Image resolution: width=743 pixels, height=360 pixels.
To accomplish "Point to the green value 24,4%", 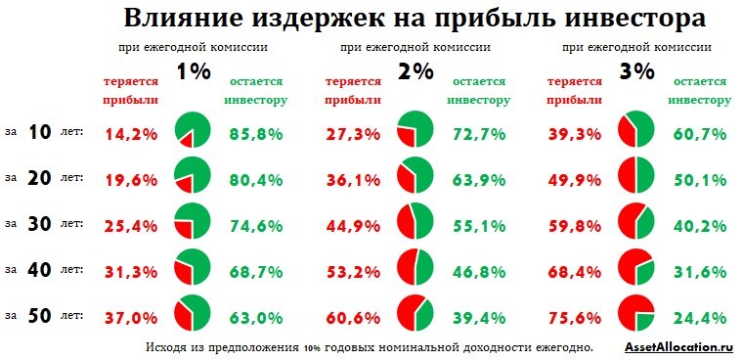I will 699,318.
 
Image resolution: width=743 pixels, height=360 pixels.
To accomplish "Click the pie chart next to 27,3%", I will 415,130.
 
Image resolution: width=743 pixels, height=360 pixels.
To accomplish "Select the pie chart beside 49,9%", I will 636,176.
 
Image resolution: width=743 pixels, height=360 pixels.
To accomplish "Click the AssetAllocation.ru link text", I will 677,347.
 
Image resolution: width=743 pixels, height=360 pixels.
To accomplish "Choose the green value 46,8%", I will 478,271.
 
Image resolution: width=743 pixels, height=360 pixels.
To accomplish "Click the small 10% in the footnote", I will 312,348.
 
